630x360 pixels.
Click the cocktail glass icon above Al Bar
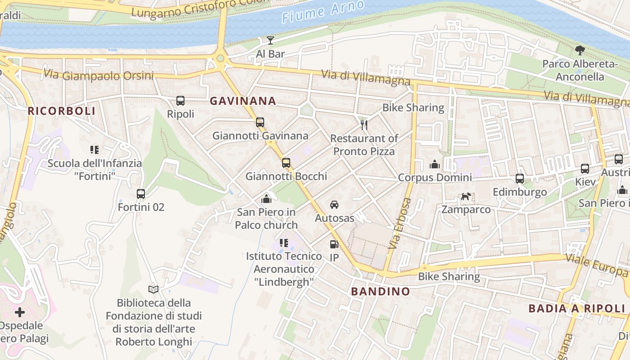[x=270, y=40]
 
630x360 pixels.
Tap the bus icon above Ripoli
[x=180, y=101]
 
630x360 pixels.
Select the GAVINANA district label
[x=243, y=101]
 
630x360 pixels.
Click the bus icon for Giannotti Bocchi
[x=286, y=163]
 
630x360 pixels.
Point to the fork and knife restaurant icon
[x=364, y=125]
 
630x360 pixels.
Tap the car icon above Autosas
[x=334, y=205]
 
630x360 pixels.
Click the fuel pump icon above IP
[x=334, y=244]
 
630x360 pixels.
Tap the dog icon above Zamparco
[x=466, y=196]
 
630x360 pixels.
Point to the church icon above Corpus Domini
[x=434, y=164]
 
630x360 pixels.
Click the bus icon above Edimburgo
[x=520, y=179]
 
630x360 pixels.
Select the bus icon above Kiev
[x=585, y=169]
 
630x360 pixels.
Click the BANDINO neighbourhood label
[x=380, y=291]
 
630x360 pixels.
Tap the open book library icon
[x=153, y=289]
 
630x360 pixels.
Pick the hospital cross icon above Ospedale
[x=20, y=312]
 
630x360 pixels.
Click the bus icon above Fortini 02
[x=141, y=194]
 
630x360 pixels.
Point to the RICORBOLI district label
[x=62, y=111]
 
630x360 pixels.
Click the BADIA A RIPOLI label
[x=577, y=308]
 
